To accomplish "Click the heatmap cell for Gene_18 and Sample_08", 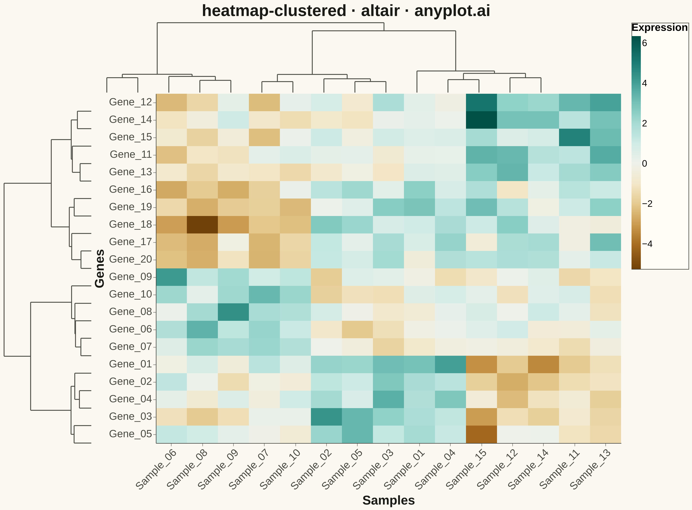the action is click(202, 225).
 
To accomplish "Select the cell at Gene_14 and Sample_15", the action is click(481, 120).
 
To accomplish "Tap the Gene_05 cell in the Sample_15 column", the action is click(481, 434).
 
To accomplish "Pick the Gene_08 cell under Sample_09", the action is click(233, 312).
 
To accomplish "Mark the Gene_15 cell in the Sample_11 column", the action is click(575, 137).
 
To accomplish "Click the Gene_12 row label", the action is click(130, 102).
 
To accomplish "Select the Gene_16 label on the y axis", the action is click(130, 190).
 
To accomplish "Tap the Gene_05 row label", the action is click(130, 434).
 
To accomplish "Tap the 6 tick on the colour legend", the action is click(645, 43).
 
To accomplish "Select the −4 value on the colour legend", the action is click(647, 244).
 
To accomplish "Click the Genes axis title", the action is click(100, 269).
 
